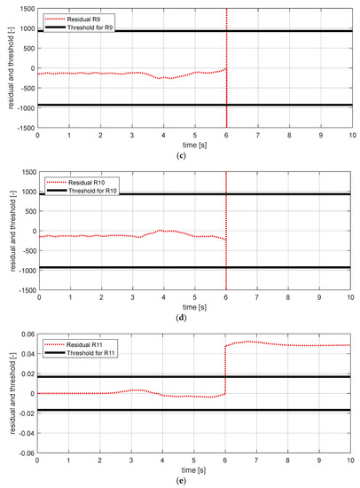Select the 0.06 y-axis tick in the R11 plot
pos(26,335)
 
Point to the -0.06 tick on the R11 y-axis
pos(24,454)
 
